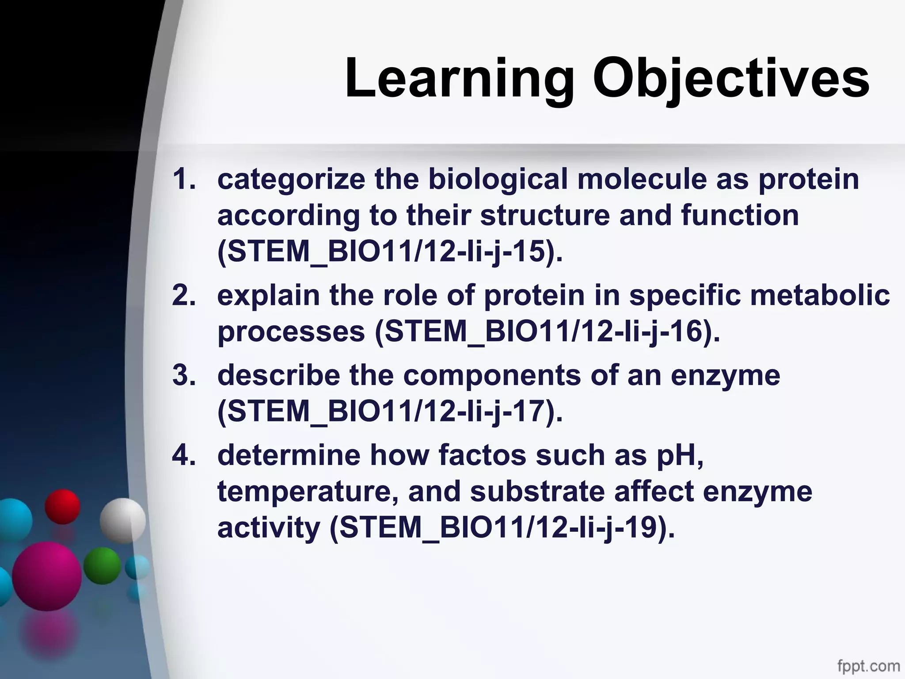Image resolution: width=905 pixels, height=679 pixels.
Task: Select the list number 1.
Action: click(x=183, y=179)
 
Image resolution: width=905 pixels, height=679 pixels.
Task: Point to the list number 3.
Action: click(x=183, y=375)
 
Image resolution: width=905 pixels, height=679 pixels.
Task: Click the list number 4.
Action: click(x=183, y=455)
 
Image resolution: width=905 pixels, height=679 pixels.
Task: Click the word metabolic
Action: click(x=820, y=295)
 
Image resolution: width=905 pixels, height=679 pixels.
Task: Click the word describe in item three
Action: click(x=278, y=375)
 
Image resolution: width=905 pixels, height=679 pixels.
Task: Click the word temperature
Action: click(x=308, y=492)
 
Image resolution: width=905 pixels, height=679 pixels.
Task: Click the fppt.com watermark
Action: click(x=868, y=665)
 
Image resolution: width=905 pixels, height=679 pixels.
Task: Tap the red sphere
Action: click(x=62, y=507)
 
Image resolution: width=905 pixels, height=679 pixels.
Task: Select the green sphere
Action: click(x=102, y=566)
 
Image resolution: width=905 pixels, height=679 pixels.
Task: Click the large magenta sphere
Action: click(x=47, y=576)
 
